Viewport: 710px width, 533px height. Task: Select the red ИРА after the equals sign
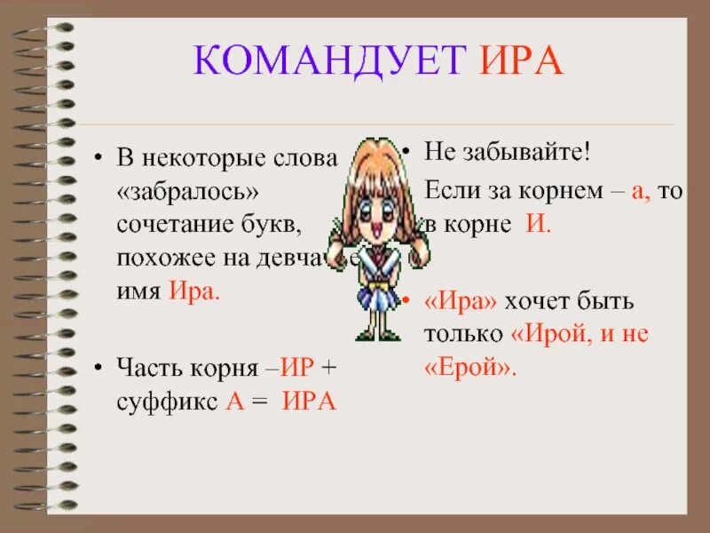(x=308, y=401)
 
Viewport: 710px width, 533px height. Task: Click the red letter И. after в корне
(x=539, y=224)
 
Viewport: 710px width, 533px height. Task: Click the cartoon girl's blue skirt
(x=377, y=296)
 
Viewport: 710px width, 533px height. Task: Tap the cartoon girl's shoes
(x=377, y=334)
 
